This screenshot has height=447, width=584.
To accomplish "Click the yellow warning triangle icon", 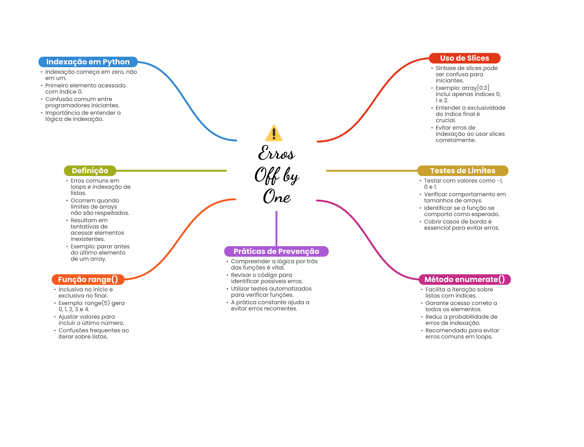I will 274,133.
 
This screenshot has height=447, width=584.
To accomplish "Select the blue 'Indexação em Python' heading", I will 88,62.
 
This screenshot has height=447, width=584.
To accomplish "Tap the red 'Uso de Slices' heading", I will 465,58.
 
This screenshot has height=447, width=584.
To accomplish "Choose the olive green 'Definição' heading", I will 90,171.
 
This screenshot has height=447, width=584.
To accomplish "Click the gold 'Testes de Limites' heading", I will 463,171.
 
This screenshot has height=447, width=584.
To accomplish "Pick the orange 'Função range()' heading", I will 88,279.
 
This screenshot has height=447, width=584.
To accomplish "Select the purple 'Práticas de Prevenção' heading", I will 276,251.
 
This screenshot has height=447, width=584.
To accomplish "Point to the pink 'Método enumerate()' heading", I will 465,279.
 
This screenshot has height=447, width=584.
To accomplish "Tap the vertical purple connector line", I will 276,228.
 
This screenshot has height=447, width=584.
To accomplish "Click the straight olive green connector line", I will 171,171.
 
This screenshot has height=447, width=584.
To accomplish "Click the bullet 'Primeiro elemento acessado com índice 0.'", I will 85,89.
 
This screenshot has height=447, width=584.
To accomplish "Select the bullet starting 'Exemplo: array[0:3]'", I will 468,94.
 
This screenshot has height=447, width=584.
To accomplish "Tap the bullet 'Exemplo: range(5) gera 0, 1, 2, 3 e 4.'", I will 91,306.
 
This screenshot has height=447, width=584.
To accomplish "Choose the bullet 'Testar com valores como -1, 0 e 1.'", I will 463,184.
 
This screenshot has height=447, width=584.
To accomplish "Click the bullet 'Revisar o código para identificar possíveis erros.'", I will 267,278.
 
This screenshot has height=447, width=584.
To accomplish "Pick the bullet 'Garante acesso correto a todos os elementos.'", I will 461,306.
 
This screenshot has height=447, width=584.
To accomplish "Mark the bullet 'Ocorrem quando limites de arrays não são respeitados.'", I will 100,207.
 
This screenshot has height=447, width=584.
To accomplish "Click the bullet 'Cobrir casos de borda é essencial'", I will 461,225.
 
